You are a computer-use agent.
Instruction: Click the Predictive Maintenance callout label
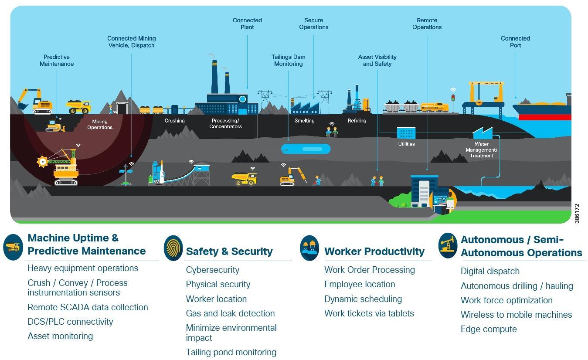pyautogui.click(x=57, y=60)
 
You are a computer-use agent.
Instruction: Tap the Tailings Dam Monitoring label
pyautogui.click(x=288, y=60)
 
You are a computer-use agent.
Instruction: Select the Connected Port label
pyautogui.click(x=515, y=42)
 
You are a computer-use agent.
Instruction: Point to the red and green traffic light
pyautogui.click(x=453, y=98)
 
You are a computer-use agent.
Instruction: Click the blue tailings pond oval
pyautogui.click(x=306, y=149)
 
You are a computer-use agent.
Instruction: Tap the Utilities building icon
pyautogui.click(x=406, y=133)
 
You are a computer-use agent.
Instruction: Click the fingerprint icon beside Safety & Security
pyautogui.click(x=173, y=248)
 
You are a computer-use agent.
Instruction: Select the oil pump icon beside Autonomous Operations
pyautogui.click(x=448, y=245)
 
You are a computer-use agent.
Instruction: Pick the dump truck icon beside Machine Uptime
pyautogui.click(x=13, y=247)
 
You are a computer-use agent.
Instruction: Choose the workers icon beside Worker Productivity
pyautogui.click(x=309, y=248)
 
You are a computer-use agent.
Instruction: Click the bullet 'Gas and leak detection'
pyautogui.click(x=230, y=313)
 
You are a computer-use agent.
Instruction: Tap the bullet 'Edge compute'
pyautogui.click(x=489, y=329)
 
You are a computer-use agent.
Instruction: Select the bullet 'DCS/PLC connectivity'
pyautogui.click(x=70, y=322)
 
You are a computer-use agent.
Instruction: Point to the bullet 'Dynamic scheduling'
pyautogui.click(x=363, y=299)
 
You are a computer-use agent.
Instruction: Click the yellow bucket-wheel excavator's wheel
pyautogui.click(x=43, y=162)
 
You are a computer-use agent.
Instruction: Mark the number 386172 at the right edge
pyautogui.click(x=577, y=213)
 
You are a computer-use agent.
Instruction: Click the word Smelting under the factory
pyautogui.click(x=304, y=121)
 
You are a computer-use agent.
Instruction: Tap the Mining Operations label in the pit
pyautogui.click(x=100, y=125)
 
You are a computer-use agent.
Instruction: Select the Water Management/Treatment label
pyautogui.click(x=481, y=149)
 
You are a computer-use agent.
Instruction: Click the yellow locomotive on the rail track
pyautogui.click(x=434, y=107)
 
